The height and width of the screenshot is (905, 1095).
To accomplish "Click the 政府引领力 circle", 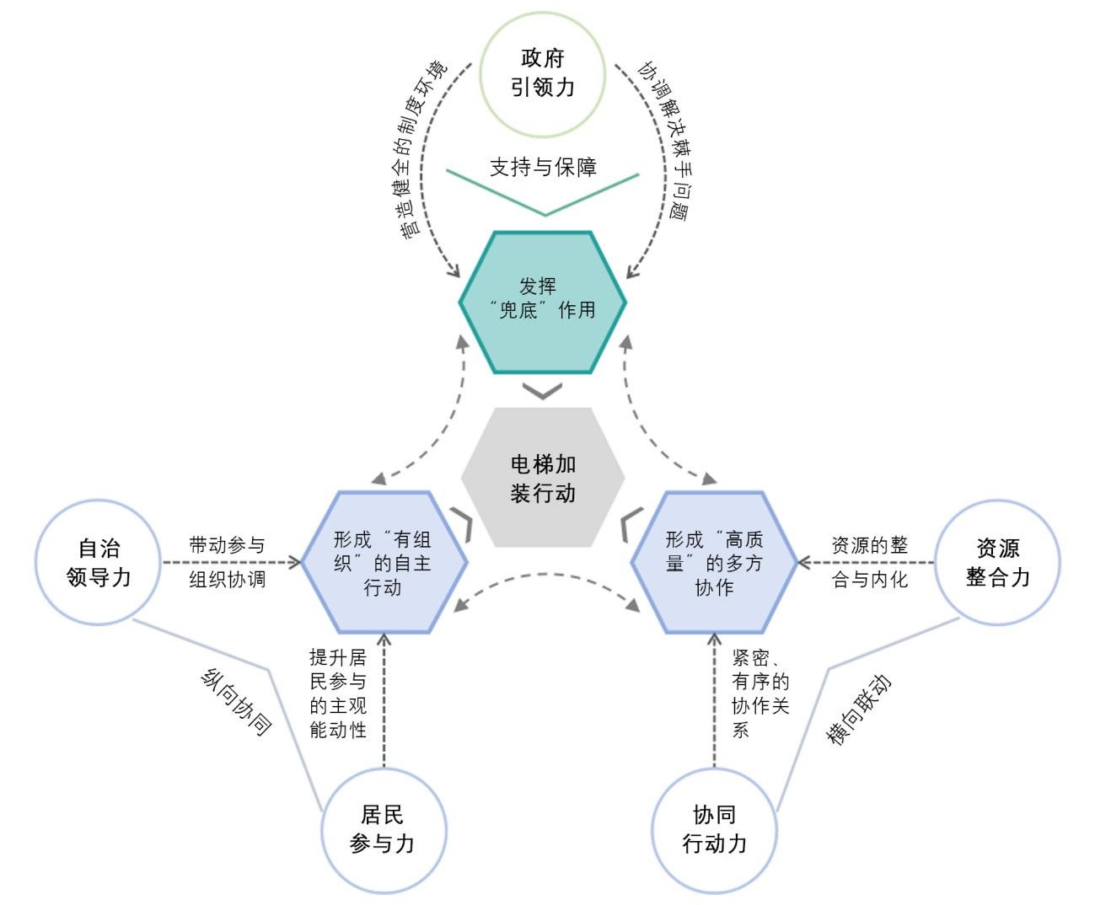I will click(542, 74).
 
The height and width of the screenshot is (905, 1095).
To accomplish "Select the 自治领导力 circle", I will click(98, 562).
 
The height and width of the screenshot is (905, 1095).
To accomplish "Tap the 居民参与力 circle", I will click(383, 830).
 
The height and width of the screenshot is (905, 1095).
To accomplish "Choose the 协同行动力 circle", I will click(714, 830).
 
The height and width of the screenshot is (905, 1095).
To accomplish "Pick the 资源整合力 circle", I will click(998, 562).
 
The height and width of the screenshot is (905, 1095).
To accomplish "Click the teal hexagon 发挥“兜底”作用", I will click(543, 301).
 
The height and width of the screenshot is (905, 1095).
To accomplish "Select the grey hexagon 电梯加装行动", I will click(543, 478).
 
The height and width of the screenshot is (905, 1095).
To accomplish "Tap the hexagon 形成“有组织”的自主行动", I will click(382, 562).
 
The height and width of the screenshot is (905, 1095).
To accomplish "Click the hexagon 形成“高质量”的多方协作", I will click(714, 562).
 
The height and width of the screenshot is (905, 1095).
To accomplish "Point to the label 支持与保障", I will click(543, 167).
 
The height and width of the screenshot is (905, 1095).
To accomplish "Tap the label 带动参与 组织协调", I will click(227, 562).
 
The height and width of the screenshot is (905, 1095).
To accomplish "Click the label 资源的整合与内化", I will click(869, 562).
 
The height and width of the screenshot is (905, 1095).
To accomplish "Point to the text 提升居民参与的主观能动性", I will click(338, 693).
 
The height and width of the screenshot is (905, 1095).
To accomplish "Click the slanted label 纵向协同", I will click(237, 702).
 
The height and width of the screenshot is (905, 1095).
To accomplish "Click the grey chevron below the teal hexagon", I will click(542, 391).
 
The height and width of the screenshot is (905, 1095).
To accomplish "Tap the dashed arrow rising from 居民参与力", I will click(384, 699).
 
